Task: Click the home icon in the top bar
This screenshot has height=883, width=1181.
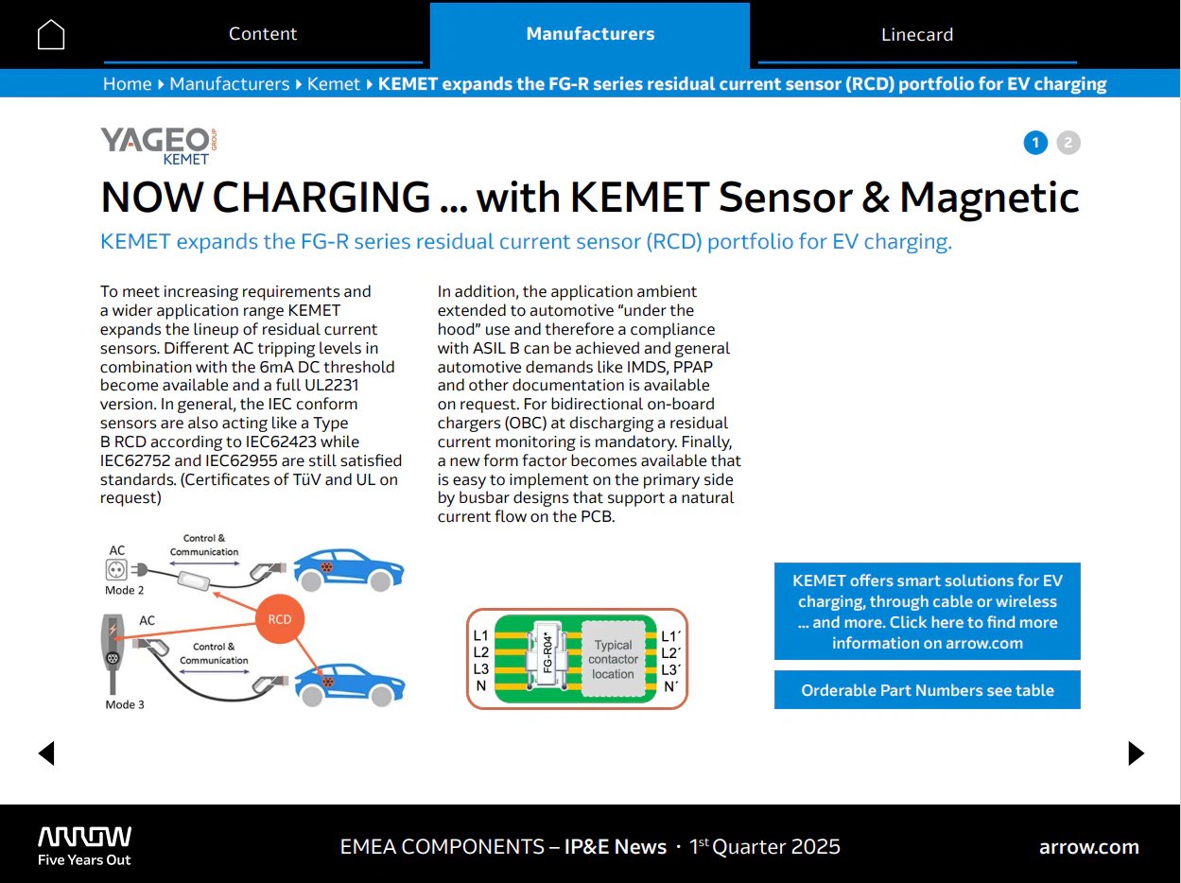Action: click(x=51, y=35)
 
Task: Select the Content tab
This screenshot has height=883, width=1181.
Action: click(x=263, y=34)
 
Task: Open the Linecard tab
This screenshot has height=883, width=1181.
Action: click(x=916, y=35)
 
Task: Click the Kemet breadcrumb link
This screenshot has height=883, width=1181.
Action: click(x=333, y=84)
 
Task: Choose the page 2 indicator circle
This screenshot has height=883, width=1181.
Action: click(x=1068, y=143)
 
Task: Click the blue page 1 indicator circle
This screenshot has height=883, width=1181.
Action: click(x=1035, y=143)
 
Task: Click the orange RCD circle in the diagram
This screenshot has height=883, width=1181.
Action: click(x=280, y=619)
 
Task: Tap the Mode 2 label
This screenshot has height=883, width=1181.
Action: click(x=125, y=590)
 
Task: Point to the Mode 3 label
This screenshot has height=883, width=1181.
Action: click(x=125, y=704)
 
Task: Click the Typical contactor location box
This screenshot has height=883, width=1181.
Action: click(x=613, y=659)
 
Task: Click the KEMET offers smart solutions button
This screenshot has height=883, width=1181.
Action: click(x=927, y=612)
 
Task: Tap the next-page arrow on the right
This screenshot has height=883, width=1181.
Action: click(x=1136, y=753)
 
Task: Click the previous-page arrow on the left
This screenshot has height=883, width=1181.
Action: click(x=46, y=753)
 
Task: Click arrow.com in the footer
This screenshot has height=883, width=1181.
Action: click(x=1088, y=847)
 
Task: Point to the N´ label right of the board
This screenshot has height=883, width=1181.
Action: click(x=670, y=686)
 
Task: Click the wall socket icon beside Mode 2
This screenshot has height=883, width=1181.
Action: click(x=116, y=569)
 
